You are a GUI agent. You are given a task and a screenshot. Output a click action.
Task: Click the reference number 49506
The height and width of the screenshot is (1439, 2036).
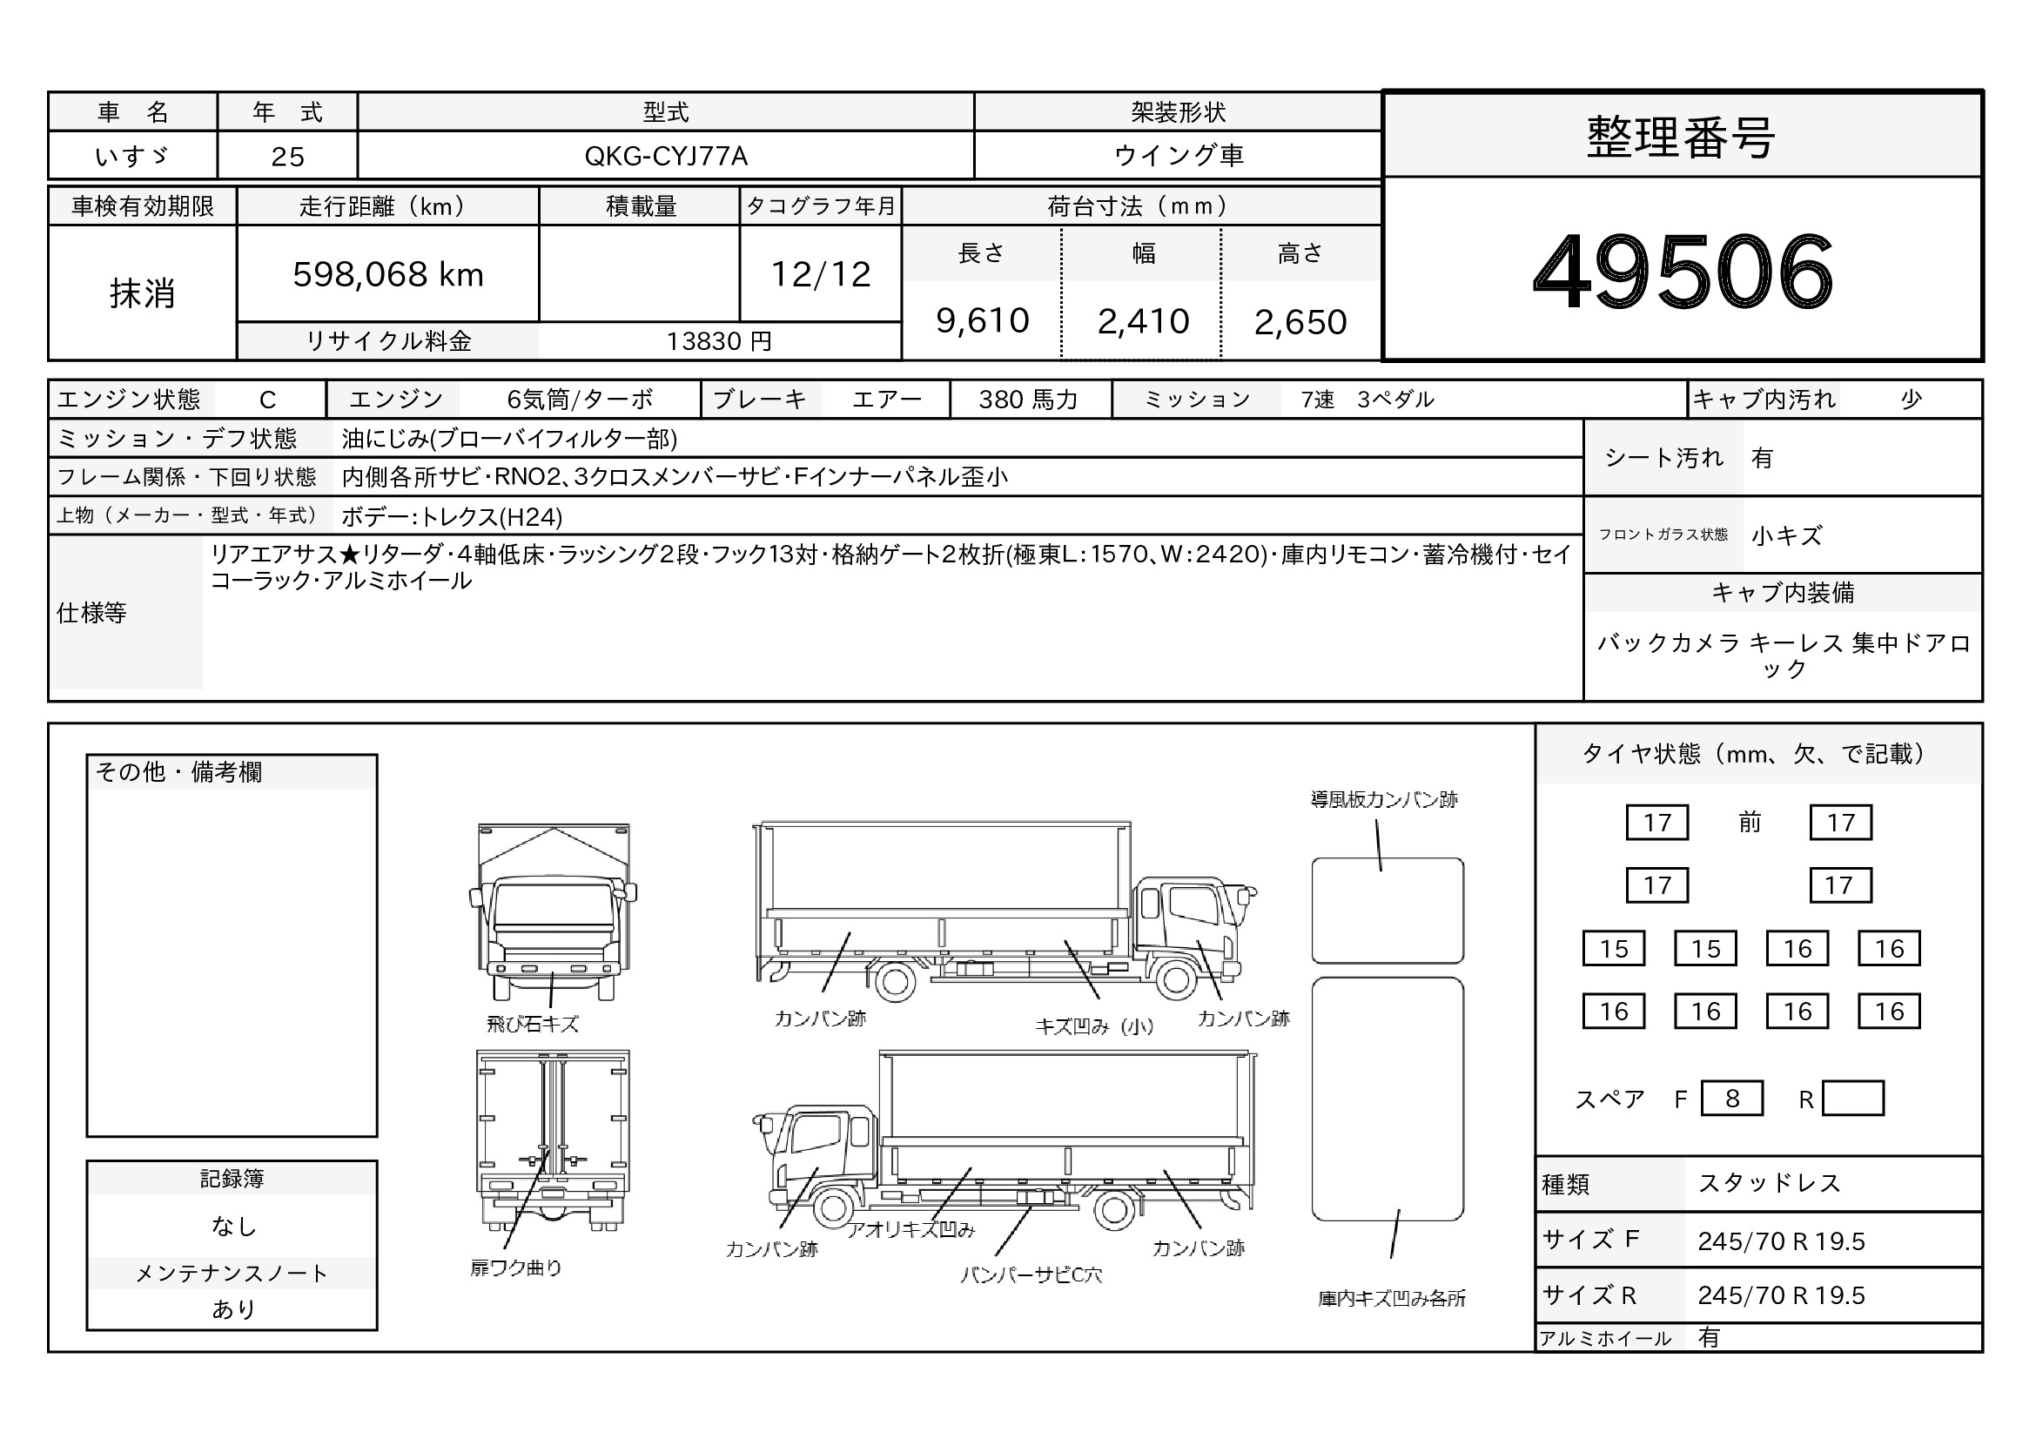(1683, 271)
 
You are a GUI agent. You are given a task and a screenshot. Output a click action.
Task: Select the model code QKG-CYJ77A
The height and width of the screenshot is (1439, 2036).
(666, 156)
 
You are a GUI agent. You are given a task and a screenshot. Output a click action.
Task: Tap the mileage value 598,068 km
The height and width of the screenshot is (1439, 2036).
(388, 275)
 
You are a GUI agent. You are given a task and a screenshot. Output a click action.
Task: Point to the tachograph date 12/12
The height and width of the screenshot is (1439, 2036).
(821, 275)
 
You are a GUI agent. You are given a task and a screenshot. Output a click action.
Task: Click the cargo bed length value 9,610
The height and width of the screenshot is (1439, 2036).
(983, 321)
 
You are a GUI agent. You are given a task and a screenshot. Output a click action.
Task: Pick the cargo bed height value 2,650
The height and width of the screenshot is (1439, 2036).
(1300, 322)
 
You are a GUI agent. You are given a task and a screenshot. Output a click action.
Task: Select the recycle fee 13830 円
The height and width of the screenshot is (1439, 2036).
(719, 341)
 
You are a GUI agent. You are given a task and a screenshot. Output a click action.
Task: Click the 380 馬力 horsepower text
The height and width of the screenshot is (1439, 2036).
(1029, 400)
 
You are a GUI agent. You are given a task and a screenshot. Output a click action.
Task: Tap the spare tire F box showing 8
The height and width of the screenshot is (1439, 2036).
(1732, 1099)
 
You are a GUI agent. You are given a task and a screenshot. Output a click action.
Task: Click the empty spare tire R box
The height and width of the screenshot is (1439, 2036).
(1852, 1099)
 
